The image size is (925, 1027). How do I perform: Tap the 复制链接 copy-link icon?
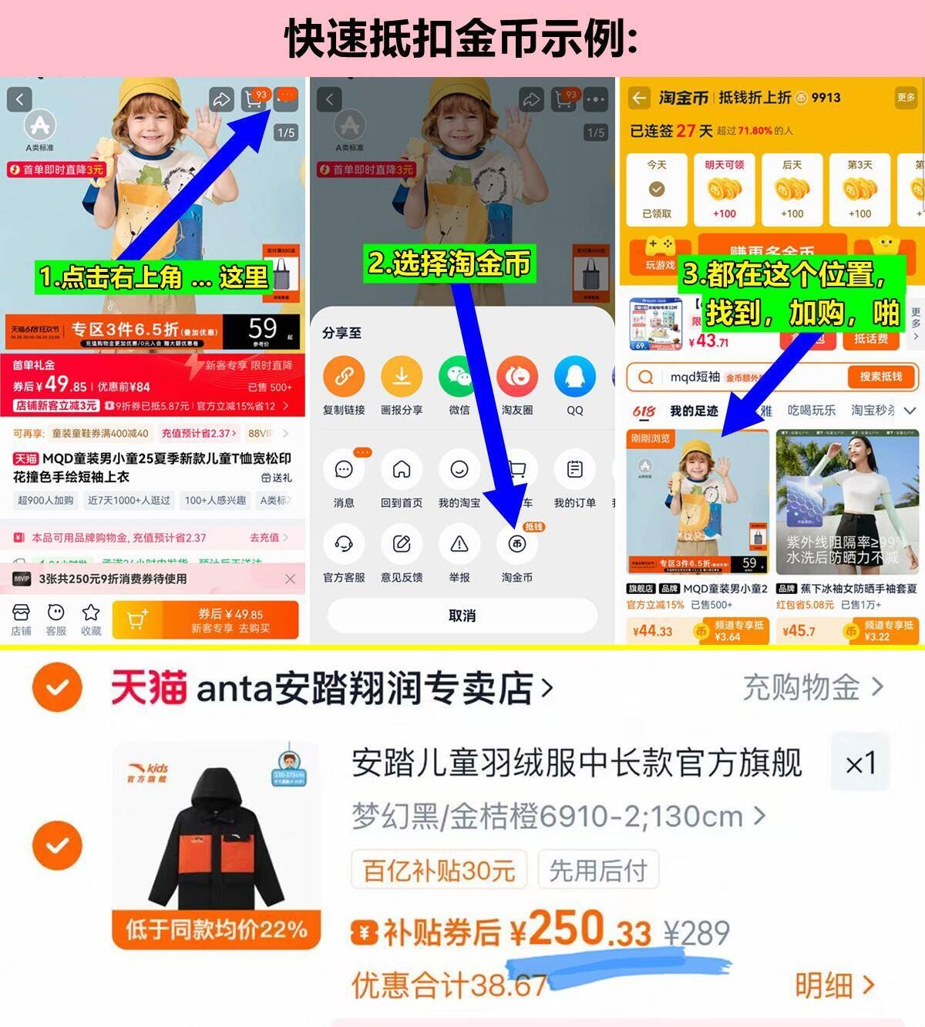click(344, 377)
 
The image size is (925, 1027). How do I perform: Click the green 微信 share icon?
click(459, 377)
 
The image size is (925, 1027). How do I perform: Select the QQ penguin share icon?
click(575, 377)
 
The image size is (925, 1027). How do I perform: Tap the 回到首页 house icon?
click(402, 470)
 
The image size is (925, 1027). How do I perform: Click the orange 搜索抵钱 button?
click(880, 377)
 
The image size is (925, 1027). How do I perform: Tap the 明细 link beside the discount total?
click(834, 985)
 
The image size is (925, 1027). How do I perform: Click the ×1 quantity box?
click(859, 764)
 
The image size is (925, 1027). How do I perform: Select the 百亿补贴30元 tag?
click(439, 871)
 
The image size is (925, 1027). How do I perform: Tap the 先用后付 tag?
click(597, 871)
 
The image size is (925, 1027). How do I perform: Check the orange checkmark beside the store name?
click(57, 687)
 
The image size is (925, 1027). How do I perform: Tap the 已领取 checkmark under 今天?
click(657, 190)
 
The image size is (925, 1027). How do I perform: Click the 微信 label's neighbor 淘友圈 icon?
click(517, 377)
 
